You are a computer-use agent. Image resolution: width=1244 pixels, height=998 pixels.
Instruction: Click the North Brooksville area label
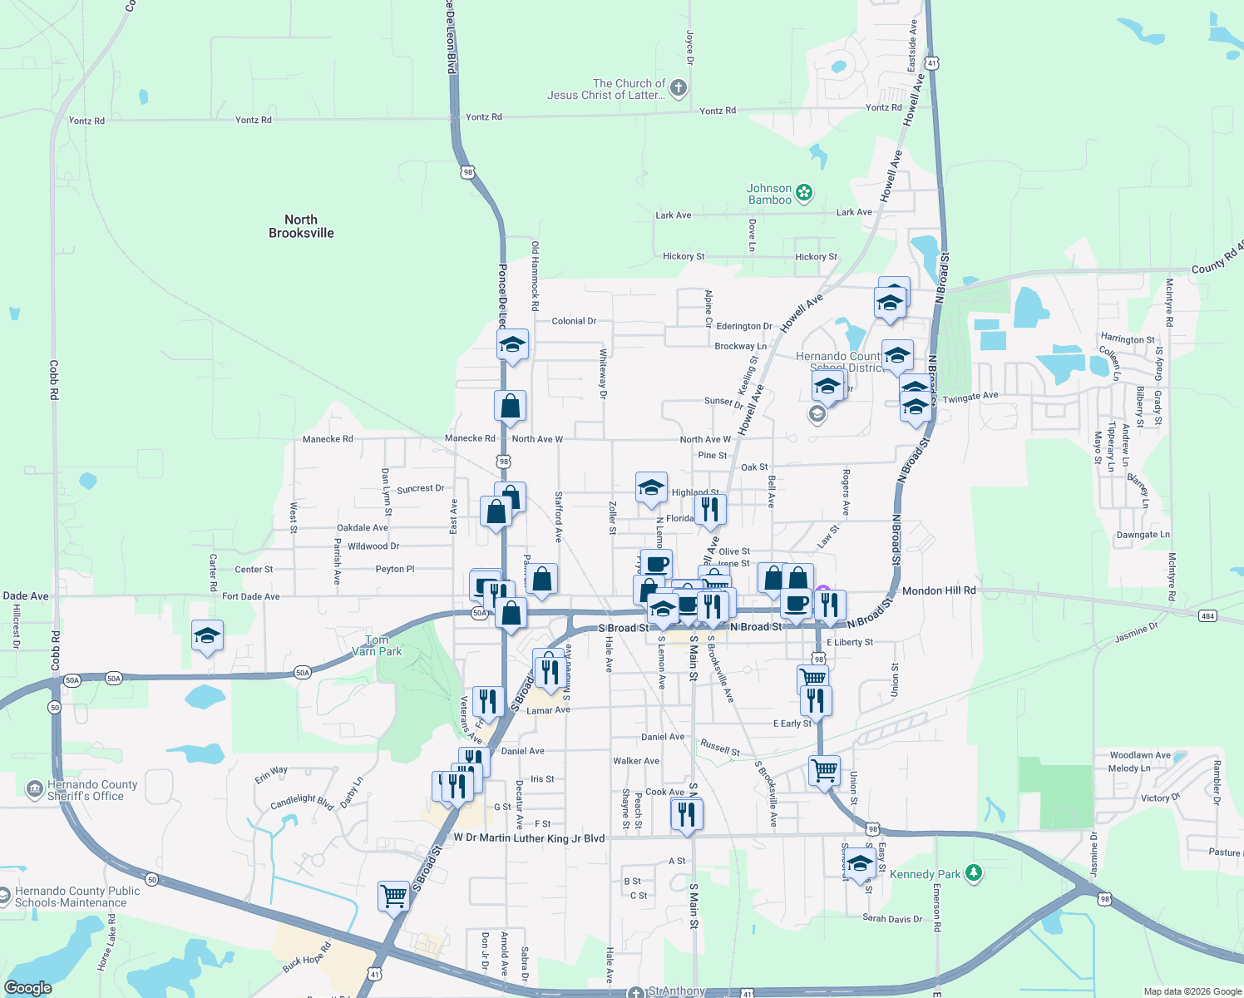301,226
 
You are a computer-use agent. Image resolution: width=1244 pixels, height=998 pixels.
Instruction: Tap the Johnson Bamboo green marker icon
804,194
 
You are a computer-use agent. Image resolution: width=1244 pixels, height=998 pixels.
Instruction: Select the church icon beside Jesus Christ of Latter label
679,88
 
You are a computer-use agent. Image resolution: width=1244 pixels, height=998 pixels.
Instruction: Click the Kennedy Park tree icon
974,873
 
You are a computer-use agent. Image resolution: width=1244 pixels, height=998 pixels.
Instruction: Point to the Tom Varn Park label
377,645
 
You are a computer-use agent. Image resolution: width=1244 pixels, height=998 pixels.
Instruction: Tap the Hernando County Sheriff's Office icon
34,789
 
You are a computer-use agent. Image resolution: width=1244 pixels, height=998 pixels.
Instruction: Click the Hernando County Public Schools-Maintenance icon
4,896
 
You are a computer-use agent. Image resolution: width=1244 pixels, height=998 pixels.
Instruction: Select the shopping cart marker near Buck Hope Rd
393,897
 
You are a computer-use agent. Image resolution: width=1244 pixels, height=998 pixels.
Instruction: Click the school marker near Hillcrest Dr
207,637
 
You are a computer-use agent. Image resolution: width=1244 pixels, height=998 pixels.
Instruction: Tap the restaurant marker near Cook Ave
687,813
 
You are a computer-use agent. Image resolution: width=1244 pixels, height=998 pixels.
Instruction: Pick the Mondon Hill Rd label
939,590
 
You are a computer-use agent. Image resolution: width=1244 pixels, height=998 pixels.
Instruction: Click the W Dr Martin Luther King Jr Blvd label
529,837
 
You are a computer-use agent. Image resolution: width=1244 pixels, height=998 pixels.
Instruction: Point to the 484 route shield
1207,615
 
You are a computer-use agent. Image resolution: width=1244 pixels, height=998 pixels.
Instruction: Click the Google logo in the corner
27,987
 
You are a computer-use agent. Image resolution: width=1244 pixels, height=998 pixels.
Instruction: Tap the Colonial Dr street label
574,321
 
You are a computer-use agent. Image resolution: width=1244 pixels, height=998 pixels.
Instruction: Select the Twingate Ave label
970,398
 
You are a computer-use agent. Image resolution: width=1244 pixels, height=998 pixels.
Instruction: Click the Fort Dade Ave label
250,596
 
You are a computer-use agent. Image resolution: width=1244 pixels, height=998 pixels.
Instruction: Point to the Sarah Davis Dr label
892,919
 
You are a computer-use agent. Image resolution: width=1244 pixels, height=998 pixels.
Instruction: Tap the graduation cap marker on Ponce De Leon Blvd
512,344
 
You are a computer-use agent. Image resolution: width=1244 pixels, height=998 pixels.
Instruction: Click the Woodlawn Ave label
1140,755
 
